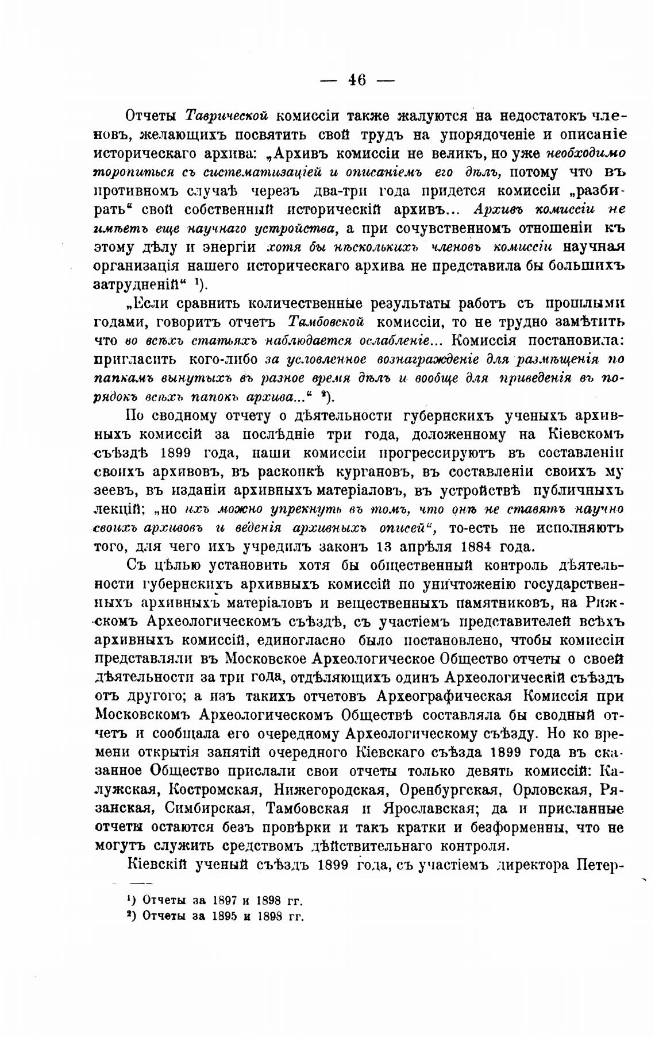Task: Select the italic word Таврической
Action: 228,115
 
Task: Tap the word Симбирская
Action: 209,809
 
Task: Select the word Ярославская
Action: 428,809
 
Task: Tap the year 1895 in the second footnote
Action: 221,916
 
